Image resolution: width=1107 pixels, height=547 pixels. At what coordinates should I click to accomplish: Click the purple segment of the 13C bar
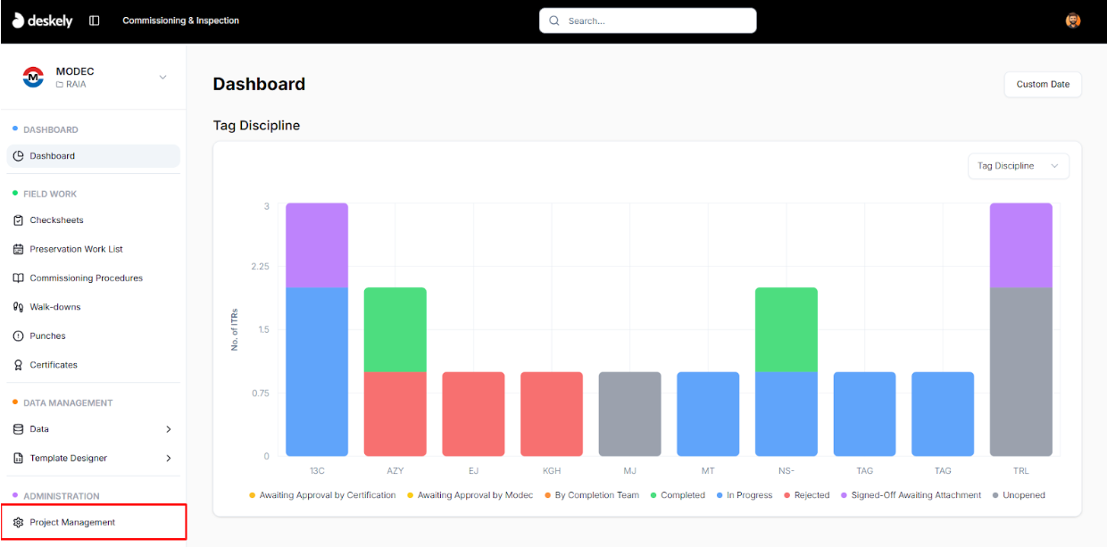(317, 245)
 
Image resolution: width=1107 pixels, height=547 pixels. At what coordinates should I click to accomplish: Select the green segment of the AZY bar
(395, 329)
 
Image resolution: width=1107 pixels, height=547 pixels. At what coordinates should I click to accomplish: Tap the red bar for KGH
(552, 414)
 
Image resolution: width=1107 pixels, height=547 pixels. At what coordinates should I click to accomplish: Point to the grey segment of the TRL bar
(1020, 371)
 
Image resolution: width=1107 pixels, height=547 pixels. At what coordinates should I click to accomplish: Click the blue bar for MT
(708, 414)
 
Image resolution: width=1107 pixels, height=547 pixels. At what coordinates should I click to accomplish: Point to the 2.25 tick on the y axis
(259, 267)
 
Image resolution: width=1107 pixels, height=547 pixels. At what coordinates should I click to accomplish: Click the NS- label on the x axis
(786, 470)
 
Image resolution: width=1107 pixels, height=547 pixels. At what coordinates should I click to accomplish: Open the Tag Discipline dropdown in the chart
(1018, 166)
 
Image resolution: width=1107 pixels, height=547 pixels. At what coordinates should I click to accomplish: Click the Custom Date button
(1043, 85)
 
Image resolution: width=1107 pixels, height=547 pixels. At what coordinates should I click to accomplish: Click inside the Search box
(648, 21)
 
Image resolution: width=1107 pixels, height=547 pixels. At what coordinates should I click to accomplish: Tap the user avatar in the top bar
(1073, 21)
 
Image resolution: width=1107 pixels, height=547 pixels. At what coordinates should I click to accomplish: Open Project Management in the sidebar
(72, 522)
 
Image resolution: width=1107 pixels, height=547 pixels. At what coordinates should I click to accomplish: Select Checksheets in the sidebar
(56, 220)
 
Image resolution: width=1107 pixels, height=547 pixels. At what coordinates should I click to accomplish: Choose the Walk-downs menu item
(55, 307)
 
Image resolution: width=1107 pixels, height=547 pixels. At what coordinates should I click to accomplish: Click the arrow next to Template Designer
(169, 459)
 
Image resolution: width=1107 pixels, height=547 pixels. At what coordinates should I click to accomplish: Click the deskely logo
(43, 21)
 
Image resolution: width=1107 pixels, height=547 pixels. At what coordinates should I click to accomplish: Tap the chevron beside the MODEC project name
(162, 78)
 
